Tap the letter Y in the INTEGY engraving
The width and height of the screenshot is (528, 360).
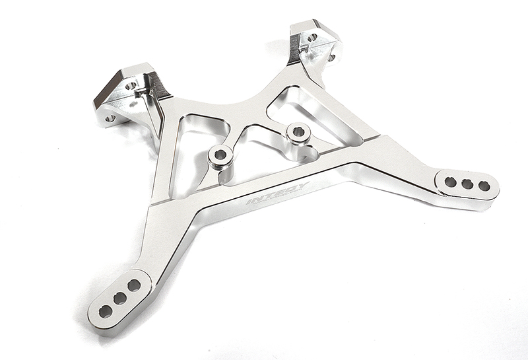point(302,187)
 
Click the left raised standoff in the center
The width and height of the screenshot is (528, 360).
point(217,157)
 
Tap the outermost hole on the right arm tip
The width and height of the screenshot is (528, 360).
point(484,186)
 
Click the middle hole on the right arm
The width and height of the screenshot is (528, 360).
point(467,183)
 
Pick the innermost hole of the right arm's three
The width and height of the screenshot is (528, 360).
point(451,180)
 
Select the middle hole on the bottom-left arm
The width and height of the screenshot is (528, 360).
point(119,299)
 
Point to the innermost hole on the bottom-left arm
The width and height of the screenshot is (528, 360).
point(133,285)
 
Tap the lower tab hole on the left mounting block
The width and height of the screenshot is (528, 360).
point(110,119)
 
